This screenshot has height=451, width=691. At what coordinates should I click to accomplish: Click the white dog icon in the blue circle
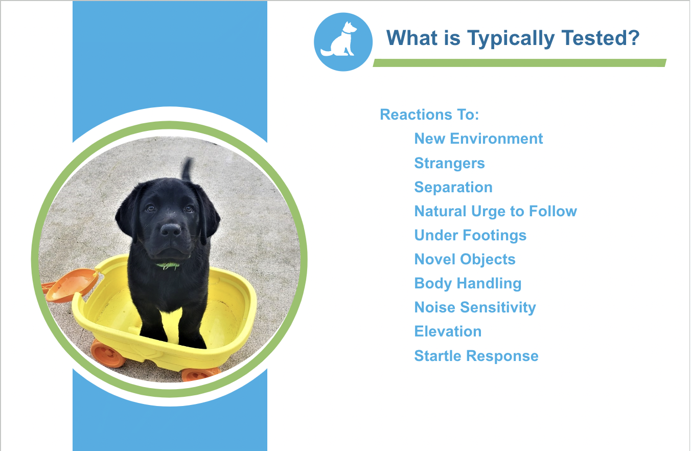point(339,40)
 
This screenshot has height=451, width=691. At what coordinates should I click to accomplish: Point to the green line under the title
point(519,63)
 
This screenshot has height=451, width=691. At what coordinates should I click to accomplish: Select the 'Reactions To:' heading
point(429,115)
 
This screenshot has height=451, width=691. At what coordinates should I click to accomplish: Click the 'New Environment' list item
point(478,138)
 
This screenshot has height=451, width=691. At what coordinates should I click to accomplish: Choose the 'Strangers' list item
point(449,163)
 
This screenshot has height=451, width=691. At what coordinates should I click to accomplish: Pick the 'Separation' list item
point(453,187)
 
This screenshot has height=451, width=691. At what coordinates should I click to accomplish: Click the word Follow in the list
point(553,211)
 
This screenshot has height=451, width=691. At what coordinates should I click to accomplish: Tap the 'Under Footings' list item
point(470,236)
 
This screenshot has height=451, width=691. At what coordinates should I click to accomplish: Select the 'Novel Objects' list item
point(465,259)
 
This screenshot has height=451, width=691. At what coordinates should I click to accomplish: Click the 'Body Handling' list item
point(468,283)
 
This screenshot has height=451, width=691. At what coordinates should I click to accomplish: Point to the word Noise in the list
point(434,307)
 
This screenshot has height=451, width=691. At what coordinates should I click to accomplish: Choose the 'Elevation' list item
point(448,331)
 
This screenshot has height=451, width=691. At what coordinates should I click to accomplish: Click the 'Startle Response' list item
point(476,356)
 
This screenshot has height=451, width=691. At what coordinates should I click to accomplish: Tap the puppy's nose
point(171,230)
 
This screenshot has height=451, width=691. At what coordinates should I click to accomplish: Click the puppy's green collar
point(168,265)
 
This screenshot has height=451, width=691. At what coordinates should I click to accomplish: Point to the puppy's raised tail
point(187,169)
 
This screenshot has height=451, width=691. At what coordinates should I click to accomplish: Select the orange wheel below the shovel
point(107,354)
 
